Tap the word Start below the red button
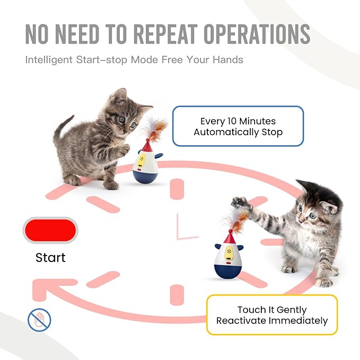click(50, 258)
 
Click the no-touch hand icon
click(39, 320)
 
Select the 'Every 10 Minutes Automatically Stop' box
click(238, 126)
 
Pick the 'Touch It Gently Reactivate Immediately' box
click(272, 315)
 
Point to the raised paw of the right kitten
click(240, 202)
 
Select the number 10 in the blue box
click(232, 121)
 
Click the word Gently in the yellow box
click(291, 310)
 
